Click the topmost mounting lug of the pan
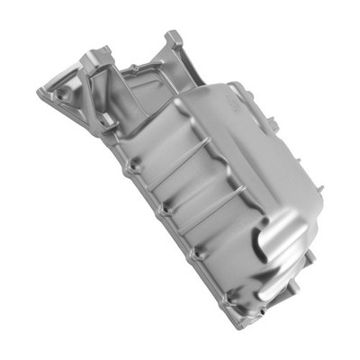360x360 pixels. point(172,37)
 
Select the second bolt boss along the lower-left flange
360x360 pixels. point(162,210)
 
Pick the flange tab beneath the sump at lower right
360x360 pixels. point(301,270)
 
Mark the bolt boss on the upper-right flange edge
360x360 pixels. point(236,87)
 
